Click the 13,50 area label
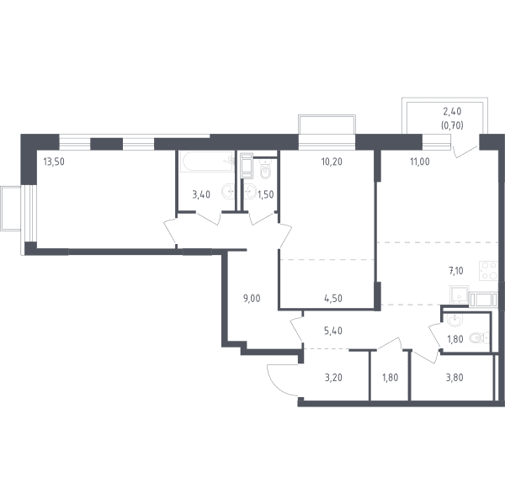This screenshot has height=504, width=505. [54, 162]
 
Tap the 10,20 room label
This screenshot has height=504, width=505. [332, 162]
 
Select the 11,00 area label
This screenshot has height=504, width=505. [420, 162]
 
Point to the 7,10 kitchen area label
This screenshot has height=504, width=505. [456, 271]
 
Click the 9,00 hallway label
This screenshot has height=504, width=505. [252, 299]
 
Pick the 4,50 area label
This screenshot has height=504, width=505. [333, 299]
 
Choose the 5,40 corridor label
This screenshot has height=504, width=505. [333, 331]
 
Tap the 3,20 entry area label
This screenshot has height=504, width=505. [333, 378]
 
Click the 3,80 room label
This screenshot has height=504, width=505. [454, 378]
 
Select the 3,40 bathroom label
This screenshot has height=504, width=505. [201, 194]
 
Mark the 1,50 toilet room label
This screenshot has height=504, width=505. [266, 194]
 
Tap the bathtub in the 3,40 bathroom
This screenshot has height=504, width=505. [208, 162]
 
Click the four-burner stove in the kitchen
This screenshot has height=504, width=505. [488, 270]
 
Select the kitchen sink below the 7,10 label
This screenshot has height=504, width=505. [459, 294]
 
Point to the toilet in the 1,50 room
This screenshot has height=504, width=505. [265, 169]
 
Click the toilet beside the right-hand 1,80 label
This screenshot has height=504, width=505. [480, 338]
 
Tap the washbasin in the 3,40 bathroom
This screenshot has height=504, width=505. [228, 191]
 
